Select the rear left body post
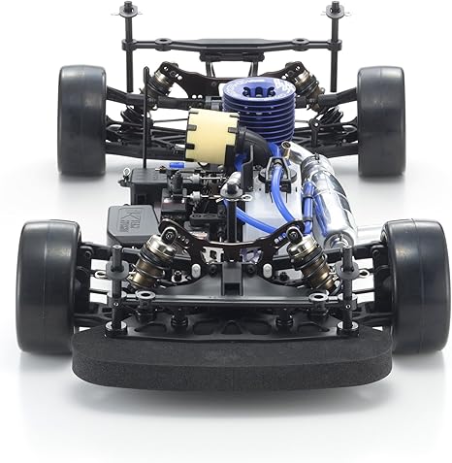[x=126, y=29]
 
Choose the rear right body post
[x=335, y=29]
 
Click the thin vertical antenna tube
[x=145, y=136]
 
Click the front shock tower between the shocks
[x=231, y=243]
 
